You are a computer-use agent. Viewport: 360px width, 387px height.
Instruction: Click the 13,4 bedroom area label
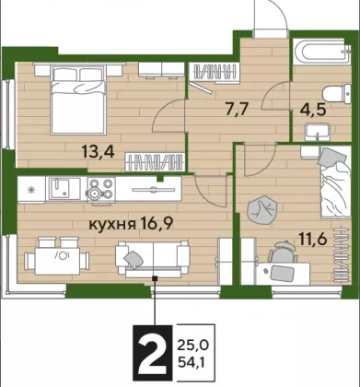coord(99,151)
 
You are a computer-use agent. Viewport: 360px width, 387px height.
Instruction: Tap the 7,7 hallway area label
coord(237,109)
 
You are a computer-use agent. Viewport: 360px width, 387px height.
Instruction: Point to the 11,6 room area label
coord(313,238)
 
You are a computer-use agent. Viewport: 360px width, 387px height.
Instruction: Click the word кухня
coord(112,225)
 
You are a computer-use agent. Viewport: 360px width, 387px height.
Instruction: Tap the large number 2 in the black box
coord(153,353)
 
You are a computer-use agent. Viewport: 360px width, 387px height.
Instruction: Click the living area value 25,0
coord(193,346)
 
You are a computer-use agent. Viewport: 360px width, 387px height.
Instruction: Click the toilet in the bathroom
coord(337,93)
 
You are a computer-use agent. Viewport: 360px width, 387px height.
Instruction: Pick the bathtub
coord(321,52)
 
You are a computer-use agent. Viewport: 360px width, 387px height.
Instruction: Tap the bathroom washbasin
coord(318,133)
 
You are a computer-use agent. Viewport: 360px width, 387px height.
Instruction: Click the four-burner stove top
coord(101,189)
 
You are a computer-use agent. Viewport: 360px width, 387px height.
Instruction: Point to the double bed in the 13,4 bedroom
coord(78,100)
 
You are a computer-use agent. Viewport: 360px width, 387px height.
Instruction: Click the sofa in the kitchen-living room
coord(152,259)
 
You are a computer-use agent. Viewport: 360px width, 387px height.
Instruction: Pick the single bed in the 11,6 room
coord(335,182)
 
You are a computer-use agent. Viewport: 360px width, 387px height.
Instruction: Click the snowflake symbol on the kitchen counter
coord(31,190)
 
